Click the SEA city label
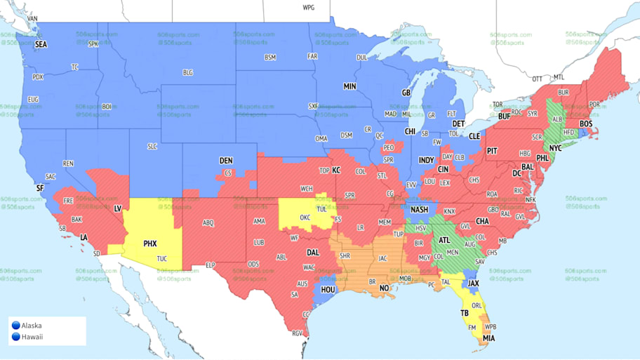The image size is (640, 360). [41, 44]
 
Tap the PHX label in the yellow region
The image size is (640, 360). [150, 244]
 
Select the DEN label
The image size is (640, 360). [226, 161]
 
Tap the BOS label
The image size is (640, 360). [585, 124]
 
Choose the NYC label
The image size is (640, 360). [555, 149]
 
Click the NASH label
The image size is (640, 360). [420, 209]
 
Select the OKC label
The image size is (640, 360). [305, 218]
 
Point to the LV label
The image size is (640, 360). [118, 208]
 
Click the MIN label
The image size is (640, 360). [349, 86]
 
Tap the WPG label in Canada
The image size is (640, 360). [308, 8]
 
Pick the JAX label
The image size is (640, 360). [473, 284]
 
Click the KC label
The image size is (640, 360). [336, 171]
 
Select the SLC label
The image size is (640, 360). [152, 146]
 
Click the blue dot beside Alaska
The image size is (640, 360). [15, 325]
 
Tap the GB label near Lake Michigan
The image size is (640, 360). [406, 93]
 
